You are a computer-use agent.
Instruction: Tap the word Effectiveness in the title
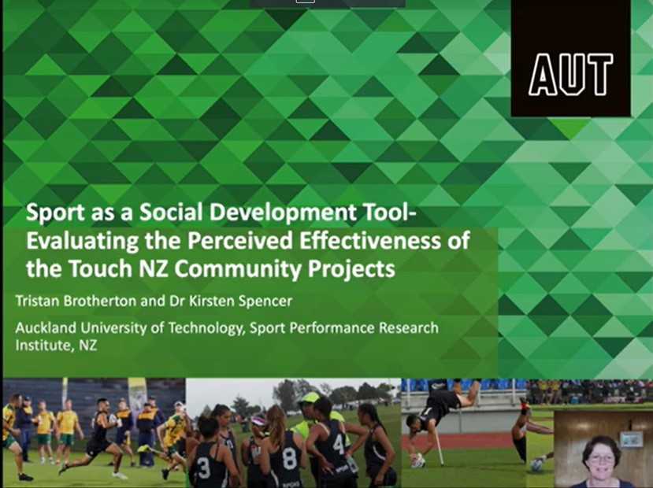tap(369, 241)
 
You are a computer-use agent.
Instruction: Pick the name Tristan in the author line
tap(38, 301)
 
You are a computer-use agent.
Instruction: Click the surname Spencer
tap(265, 301)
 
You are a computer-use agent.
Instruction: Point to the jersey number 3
tap(204, 468)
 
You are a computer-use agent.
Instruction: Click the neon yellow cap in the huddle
tap(309, 397)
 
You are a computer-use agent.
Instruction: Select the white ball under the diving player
tap(418, 460)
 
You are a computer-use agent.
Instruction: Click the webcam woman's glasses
tap(601, 458)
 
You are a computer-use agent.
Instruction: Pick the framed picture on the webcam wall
tap(630, 439)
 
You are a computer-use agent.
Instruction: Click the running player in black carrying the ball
tap(97, 438)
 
